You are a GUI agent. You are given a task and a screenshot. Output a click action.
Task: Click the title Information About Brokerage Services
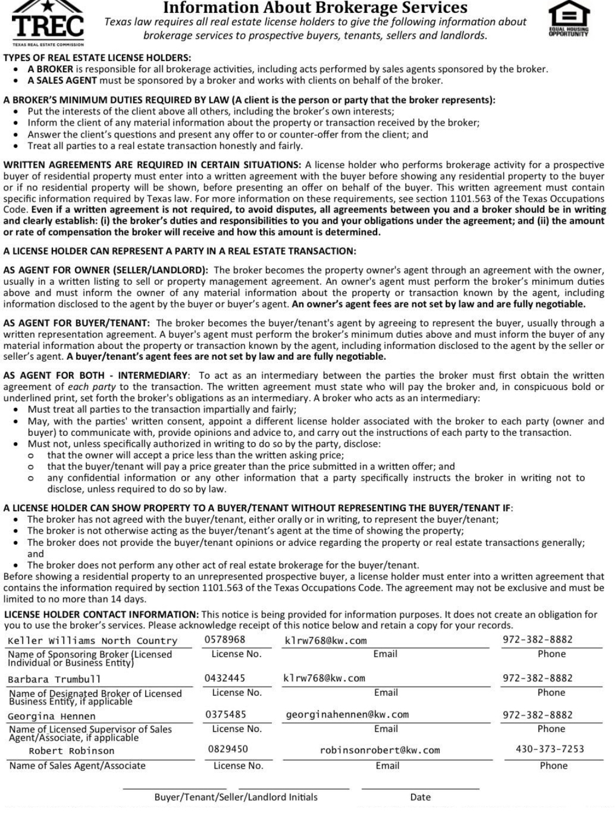pyautogui.click(x=315, y=8)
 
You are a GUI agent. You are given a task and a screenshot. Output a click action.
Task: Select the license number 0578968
pyautogui.click(x=225, y=640)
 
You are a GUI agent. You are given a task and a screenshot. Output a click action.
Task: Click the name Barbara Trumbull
pyautogui.click(x=54, y=679)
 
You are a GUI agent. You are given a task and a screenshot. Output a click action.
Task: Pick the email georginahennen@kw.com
pyautogui.click(x=347, y=715)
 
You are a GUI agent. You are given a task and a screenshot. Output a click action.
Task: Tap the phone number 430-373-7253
pyautogui.click(x=550, y=749)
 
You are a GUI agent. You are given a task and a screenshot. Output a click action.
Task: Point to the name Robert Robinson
pyautogui.click(x=71, y=751)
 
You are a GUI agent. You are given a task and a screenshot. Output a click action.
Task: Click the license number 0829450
pyautogui.click(x=228, y=749)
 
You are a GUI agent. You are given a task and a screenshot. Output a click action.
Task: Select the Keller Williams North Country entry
pyautogui.click(x=92, y=641)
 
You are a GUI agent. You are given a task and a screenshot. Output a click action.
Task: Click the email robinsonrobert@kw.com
pyautogui.click(x=380, y=750)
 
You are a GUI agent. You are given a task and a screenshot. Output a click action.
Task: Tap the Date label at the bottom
pyautogui.click(x=420, y=797)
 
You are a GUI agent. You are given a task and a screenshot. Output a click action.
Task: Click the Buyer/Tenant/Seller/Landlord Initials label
pyautogui.click(x=236, y=797)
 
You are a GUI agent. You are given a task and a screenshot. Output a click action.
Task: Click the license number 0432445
pyautogui.click(x=225, y=678)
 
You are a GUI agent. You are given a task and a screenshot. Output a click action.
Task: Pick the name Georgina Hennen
pyautogui.click(x=51, y=716)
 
